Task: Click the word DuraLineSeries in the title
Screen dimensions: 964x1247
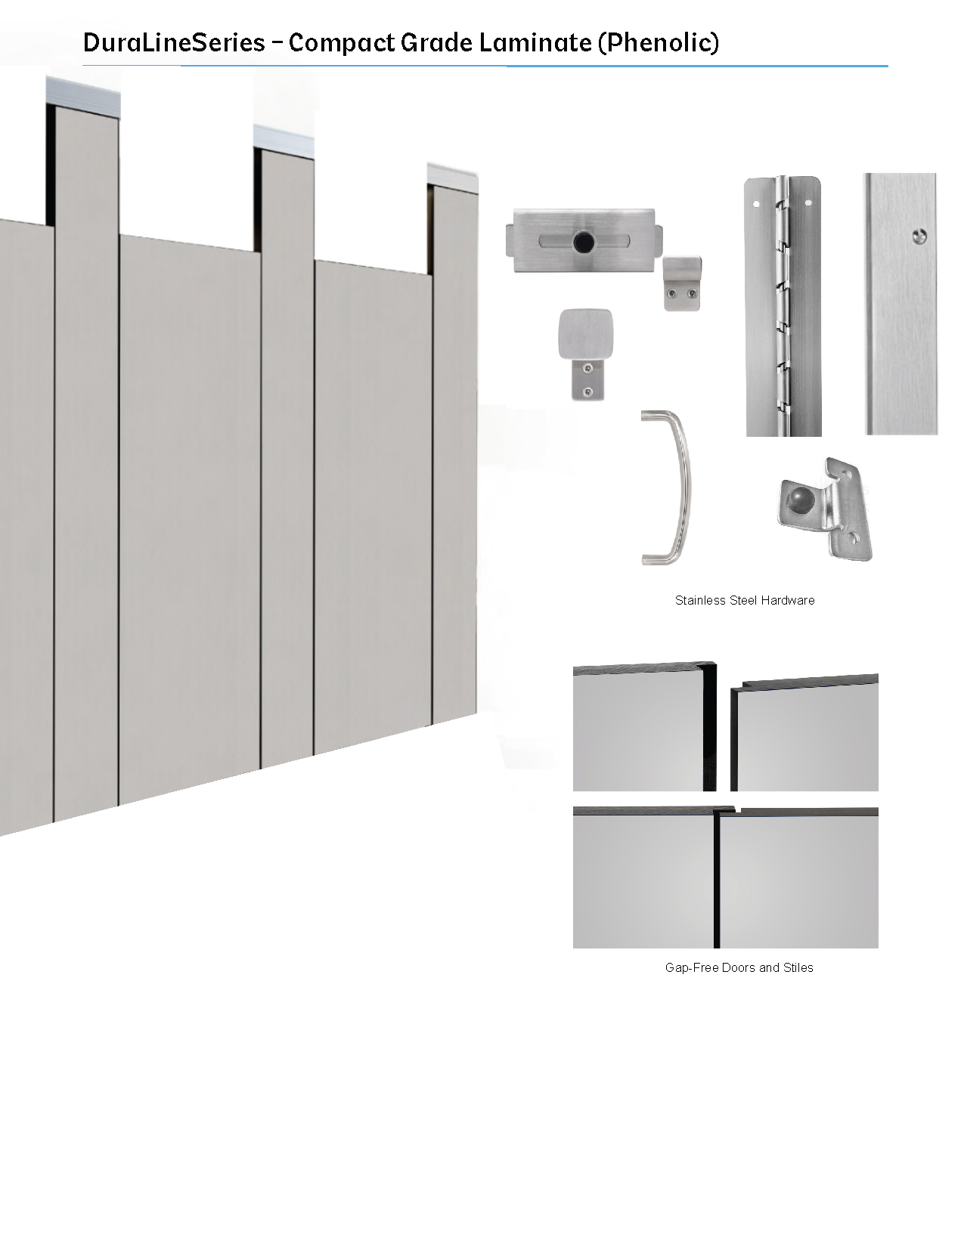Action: pyautogui.click(x=174, y=42)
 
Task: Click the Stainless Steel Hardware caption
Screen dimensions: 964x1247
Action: pyautogui.click(x=745, y=600)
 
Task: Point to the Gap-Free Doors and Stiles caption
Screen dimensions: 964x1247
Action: pyautogui.click(x=739, y=967)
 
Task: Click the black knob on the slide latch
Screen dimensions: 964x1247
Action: pyautogui.click(x=584, y=242)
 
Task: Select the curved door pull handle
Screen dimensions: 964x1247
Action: pyautogui.click(x=668, y=487)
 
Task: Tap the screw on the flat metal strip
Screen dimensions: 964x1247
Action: pyautogui.click(x=919, y=235)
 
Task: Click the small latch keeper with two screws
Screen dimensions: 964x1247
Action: pyautogui.click(x=682, y=283)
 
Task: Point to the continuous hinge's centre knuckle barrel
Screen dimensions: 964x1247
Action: pyautogui.click(x=783, y=306)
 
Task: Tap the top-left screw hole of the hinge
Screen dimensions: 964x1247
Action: pyautogui.click(x=756, y=204)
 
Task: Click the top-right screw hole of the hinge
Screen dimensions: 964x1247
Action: pyautogui.click(x=808, y=203)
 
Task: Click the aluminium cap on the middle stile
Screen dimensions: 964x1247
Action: pyautogui.click(x=284, y=140)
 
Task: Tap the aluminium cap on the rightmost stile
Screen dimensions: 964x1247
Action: pyautogui.click(x=452, y=178)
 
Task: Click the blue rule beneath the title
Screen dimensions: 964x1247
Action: pyautogui.click(x=485, y=66)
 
